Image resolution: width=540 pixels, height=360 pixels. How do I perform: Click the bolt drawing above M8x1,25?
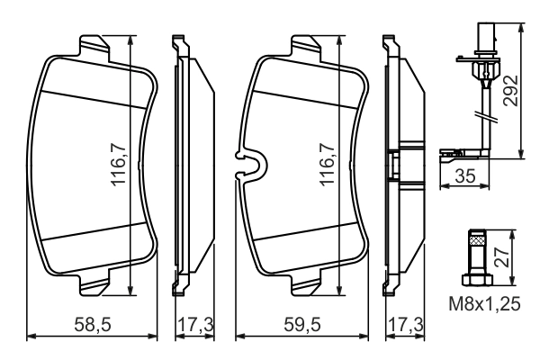pyautogui.click(x=477, y=256)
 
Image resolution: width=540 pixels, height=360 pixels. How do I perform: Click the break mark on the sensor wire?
pyautogui.click(x=489, y=116)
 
